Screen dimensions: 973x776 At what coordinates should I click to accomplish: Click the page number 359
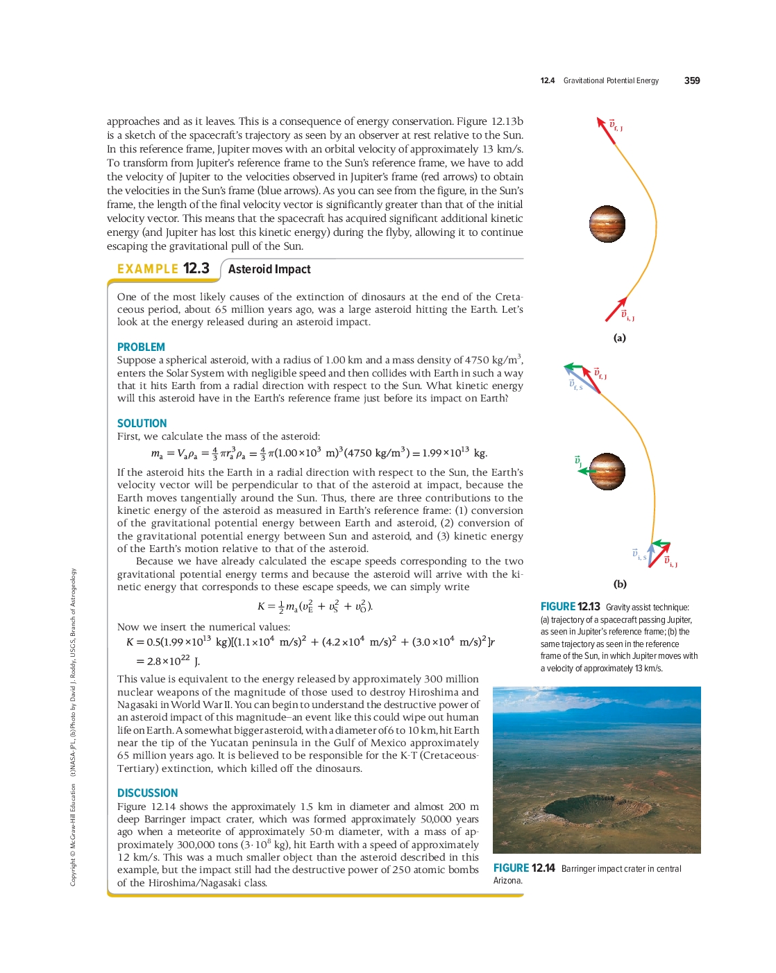point(691,80)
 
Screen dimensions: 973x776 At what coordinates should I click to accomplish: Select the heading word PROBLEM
point(141,347)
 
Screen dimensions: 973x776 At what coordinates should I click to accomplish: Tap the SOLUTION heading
point(142,423)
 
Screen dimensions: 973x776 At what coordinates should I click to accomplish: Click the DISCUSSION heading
point(147,793)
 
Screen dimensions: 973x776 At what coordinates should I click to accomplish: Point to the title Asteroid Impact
point(269,269)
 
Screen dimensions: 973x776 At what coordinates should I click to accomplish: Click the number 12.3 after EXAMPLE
point(196,268)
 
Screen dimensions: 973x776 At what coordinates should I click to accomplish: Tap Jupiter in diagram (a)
point(607,224)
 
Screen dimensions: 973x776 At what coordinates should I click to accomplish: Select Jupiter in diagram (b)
point(607,472)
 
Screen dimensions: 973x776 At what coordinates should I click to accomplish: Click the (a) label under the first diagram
point(619,338)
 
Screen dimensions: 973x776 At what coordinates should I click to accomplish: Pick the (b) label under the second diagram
point(620,584)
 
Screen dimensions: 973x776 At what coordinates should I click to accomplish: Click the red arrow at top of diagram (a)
point(606,130)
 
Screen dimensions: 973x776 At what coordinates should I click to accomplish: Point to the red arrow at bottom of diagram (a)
point(616,309)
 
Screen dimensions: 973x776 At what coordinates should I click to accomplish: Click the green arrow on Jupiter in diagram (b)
point(587,471)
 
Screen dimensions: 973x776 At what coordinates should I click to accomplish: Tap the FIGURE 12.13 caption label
point(570,607)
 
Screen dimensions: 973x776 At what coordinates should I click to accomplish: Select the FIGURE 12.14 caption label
point(524,868)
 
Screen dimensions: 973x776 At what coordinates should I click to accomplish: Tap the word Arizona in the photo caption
point(507,881)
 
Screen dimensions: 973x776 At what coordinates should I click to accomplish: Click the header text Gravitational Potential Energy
point(611,80)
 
